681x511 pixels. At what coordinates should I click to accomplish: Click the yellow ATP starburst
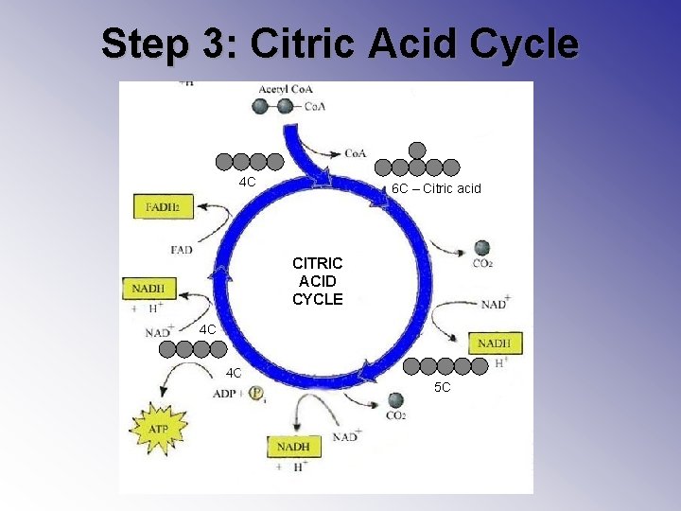pyautogui.click(x=158, y=428)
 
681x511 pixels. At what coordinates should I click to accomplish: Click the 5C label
pyautogui.click(x=443, y=388)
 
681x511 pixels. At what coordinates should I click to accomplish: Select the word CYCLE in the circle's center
pyautogui.click(x=318, y=299)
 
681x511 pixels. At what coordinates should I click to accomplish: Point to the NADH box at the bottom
pyautogui.click(x=294, y=446)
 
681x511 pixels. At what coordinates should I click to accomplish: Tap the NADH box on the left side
pyautogui.click(x=148, y=287)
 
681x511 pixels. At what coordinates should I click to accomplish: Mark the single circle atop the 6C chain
pyautogui.click(x=417, y=149)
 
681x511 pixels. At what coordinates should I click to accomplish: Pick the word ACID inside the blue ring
pyautogui.click(x=318, y=281)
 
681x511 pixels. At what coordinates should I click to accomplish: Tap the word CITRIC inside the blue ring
pyautogui.click(x=318, y=262)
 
